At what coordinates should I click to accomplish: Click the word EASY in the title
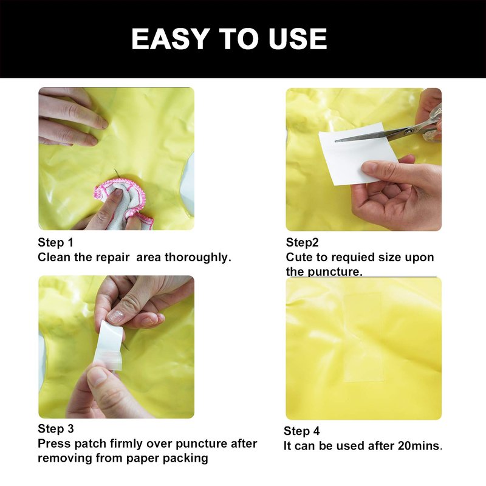(x=169, y=39)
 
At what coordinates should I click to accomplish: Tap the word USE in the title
(x=298, y=39)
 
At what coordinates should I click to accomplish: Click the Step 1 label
(x=55, y=242)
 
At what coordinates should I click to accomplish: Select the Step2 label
(x=302, y=242)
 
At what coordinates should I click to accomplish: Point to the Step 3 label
(x=56, y=429)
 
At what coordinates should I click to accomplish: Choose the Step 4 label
(x=301, y=431)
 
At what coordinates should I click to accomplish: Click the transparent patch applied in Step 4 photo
(x=363, y=337)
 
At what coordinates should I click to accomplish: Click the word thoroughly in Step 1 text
(x=198, y=258)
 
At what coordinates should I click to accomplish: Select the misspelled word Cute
(x=299, y=257)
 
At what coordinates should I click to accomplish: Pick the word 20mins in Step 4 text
(x=420, y=446)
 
